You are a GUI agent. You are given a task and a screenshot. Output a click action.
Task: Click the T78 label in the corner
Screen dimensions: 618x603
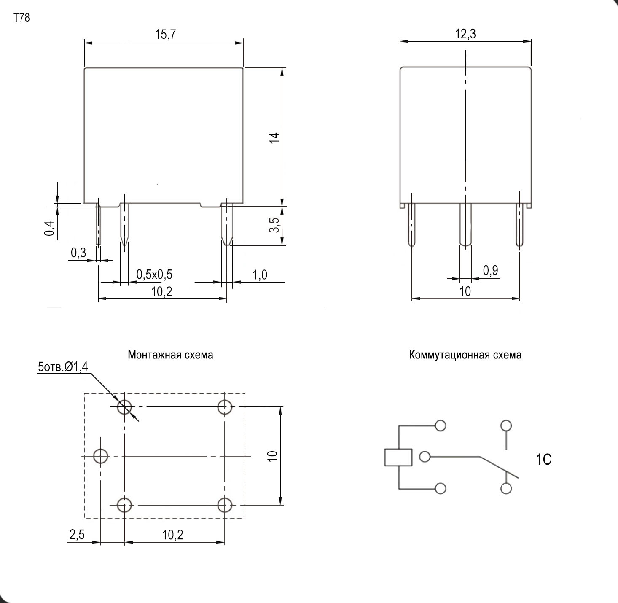[21, 17]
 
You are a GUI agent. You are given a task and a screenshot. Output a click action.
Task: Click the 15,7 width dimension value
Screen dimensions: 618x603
[165, 34]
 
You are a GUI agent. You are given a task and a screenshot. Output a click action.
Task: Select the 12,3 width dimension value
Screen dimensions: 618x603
[465, 34]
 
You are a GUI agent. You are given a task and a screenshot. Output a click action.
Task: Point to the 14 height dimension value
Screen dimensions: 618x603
[274, 137]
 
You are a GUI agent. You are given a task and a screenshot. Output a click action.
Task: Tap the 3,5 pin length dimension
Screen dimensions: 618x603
[274, 225]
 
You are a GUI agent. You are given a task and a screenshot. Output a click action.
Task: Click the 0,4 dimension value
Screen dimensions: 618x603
[49, 229]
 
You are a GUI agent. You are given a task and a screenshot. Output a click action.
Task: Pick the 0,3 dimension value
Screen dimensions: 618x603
[78, 253]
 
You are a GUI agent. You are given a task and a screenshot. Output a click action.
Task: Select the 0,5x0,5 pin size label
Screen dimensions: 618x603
[154, 275]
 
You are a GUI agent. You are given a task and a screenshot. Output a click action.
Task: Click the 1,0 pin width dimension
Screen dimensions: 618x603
[260, 275]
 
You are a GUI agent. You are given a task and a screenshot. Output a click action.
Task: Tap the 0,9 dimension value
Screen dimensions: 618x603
[491, 270]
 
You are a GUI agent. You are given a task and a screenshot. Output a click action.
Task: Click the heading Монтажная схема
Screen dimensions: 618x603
[170, 355]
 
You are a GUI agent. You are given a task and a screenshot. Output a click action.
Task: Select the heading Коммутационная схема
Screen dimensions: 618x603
[465, 355]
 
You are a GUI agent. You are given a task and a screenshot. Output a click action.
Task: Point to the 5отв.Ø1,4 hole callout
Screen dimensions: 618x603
[63, 367]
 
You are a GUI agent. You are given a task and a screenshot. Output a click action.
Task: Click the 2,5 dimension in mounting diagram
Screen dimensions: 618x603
[77, 535]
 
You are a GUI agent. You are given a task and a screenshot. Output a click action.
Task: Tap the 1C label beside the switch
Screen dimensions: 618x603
[544, 459]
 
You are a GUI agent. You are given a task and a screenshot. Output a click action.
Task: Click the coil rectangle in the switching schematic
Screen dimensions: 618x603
[398, 458]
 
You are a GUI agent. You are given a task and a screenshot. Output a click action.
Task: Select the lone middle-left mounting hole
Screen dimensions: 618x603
[101, 456]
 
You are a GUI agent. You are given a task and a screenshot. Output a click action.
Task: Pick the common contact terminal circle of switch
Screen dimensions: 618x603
[425, 457]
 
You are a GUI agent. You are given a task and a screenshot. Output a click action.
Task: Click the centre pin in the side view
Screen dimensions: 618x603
[465, 225]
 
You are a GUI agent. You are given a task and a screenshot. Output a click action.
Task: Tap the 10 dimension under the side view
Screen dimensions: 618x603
[465, 291]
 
